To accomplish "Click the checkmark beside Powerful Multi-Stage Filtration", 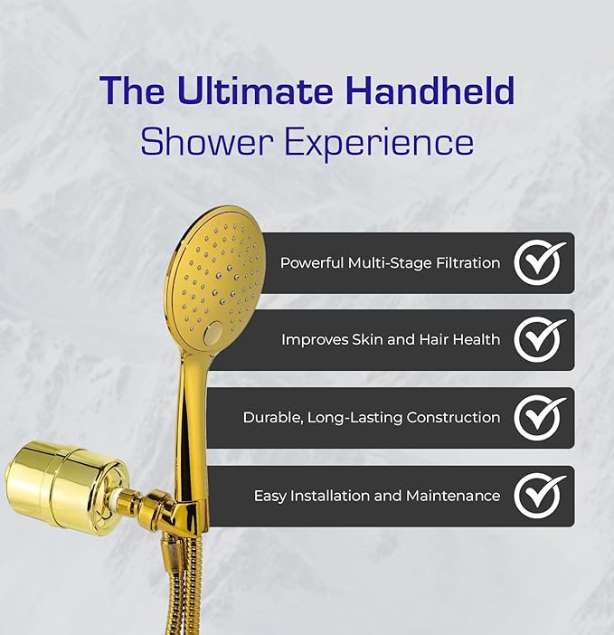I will (540, 262).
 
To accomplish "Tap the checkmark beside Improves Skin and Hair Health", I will (540, 340).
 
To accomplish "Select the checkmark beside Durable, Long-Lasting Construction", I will (540, 418).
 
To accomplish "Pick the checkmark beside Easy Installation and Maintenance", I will (540, 496).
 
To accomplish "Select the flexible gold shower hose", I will (172, 588).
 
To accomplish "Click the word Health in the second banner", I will (477, 340).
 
